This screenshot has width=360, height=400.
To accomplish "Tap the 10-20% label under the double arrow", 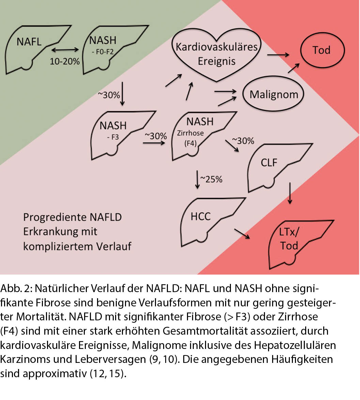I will (x=65, y=61).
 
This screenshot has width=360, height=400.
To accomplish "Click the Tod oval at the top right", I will (x=321, y=50).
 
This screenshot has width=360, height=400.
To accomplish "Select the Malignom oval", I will (x=273, y=94).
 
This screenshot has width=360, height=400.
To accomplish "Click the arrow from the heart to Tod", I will (x=278, y=54).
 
